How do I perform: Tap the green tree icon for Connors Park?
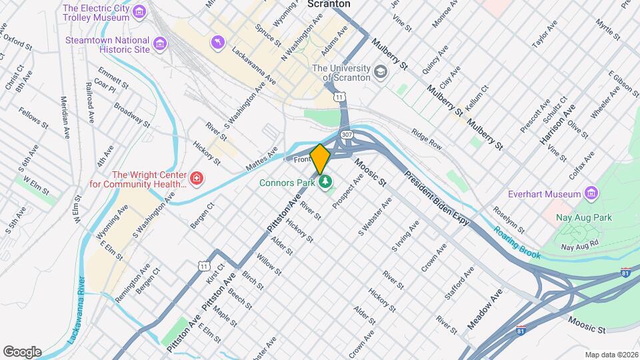326,181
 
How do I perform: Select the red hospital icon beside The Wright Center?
197,178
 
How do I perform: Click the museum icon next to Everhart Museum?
590,194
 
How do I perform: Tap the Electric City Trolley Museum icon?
139,12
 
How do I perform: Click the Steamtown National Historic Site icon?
160,44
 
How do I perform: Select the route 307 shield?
346,135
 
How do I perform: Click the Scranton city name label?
329,4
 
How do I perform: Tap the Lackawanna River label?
75,310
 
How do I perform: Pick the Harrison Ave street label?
557,121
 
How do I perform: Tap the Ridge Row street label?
427,139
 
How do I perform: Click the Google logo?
22,351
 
